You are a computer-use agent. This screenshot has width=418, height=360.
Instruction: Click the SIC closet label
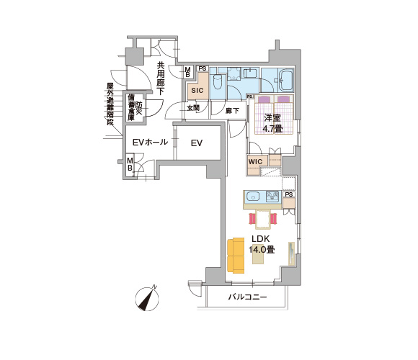pyautogui.click(x=197, y=90)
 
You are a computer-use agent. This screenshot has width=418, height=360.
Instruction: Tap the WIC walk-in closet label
pyautogui.click(x=255, y=161)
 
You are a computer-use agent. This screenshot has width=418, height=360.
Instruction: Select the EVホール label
pyautogui.click(x=150, y=142)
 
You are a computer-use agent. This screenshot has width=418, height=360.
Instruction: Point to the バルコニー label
pyautogui.click(x=247, y=297)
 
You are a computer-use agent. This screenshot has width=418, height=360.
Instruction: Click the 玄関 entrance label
pyautogui.click(x=193, y=108)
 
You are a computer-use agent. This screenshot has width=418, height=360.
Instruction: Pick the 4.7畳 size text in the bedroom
pyautogui.click(x=272, y=129)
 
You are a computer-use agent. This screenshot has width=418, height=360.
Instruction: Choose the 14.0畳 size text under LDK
pyautogui.click(x=262, y=250)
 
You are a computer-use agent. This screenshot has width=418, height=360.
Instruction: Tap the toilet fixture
pyautogui.click(x=218, y=81)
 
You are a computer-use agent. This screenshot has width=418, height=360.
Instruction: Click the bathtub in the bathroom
pyautogui.click(x=285, y=81)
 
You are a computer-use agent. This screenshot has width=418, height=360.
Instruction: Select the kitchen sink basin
pyautogui.click(x=253, y=197)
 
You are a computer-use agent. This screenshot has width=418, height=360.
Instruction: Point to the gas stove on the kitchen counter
pyautogui.click(x=272, y=197)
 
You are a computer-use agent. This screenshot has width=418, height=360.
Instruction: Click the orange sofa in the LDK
pyautogui.click(x=236, y=256)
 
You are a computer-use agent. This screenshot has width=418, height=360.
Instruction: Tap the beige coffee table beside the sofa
pyautogui.click(x=258, y=253)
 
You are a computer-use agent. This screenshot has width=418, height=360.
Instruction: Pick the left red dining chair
pyautogui.click(x=252, y=219)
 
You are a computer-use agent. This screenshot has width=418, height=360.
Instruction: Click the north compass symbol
pyautogui.click(x=147, y=299)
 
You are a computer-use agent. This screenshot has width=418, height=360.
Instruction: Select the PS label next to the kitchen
pyautogui.click(x=289, y=194)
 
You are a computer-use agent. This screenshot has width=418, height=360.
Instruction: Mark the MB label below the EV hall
pyautogui.click(x=130, y=164)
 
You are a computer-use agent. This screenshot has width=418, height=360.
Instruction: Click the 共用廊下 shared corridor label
pyautogui.click(x=161, y=78)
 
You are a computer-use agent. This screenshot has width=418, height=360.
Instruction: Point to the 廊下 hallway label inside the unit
pyautogui.click(x=232, y=110)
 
